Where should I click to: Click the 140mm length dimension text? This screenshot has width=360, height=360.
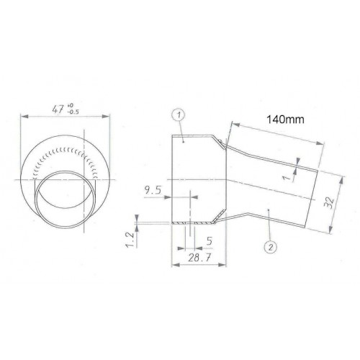[285, 120]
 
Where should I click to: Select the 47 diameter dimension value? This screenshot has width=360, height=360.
[58, 109]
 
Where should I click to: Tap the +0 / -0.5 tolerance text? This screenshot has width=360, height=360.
[73, 109]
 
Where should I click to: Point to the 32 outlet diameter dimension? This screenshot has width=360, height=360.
[329, 203]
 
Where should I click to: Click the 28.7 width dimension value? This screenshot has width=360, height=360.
[199, 258]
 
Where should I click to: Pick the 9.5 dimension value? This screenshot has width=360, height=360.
[153, 190]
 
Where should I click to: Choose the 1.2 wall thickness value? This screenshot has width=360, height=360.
[130, 239]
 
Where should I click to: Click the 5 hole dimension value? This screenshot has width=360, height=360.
[210, 240]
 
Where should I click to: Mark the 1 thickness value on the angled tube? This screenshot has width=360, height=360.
[286, 178]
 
